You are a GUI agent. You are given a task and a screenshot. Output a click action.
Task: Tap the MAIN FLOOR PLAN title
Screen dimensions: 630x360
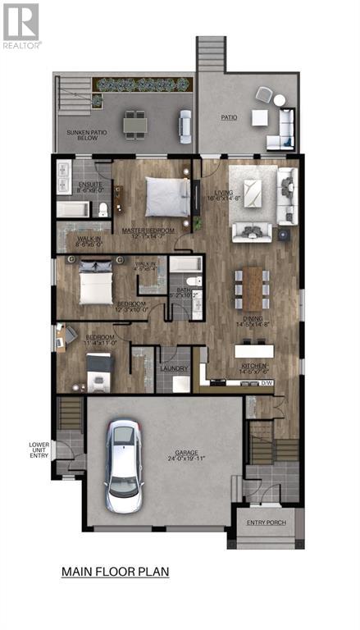[115, 572]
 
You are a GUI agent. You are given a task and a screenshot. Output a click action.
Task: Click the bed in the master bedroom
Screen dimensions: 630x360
[167, 196]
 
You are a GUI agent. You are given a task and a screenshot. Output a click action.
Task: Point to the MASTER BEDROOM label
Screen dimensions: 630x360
[148, 231]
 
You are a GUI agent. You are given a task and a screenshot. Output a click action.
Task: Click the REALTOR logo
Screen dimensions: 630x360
[21, 24]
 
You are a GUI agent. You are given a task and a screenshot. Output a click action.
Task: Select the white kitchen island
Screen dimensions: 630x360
[265, 350]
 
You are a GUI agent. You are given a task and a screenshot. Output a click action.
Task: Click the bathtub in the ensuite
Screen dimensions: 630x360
[74, 210]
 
